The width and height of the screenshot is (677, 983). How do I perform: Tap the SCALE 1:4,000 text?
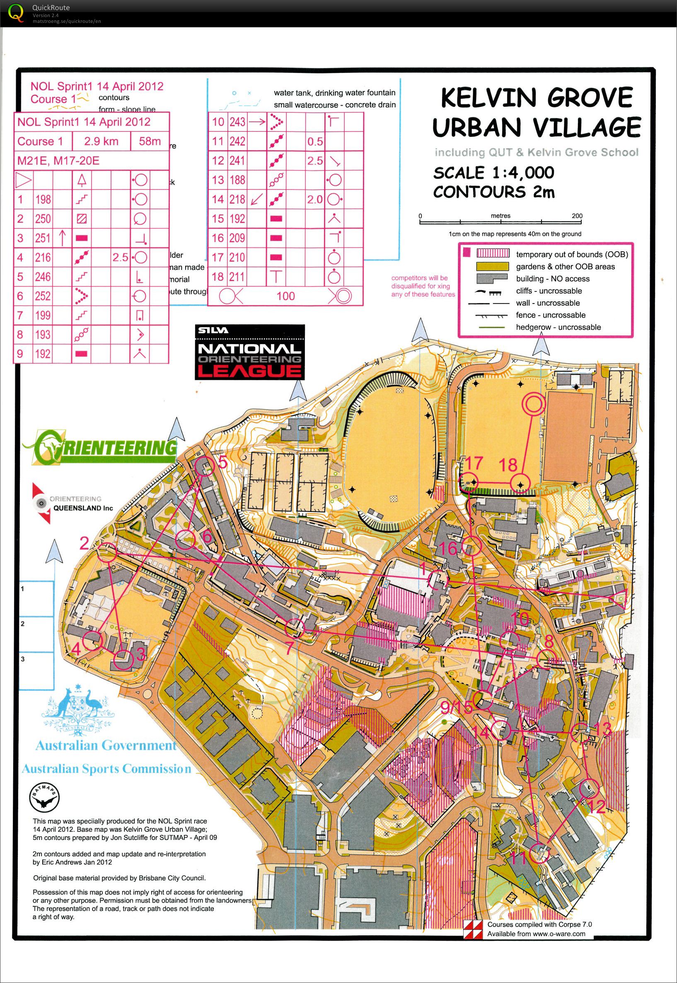point(493,173)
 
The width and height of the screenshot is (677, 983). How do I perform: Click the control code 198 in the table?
point(43,199)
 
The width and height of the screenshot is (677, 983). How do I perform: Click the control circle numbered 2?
point(107,553)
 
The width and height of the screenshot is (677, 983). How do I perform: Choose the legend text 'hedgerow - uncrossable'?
point(558,327)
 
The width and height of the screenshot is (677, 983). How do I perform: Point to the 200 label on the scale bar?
point(577,216)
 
